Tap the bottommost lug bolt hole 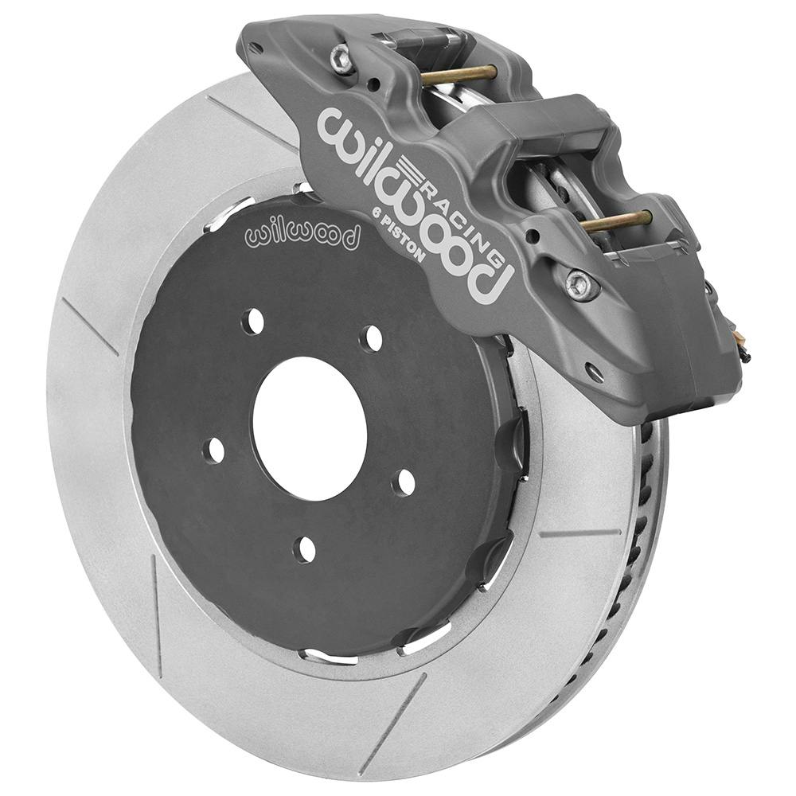point(303,549)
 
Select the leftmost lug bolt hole point(215,451)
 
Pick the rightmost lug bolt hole point(405,482)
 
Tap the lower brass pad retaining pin point(616,221)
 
